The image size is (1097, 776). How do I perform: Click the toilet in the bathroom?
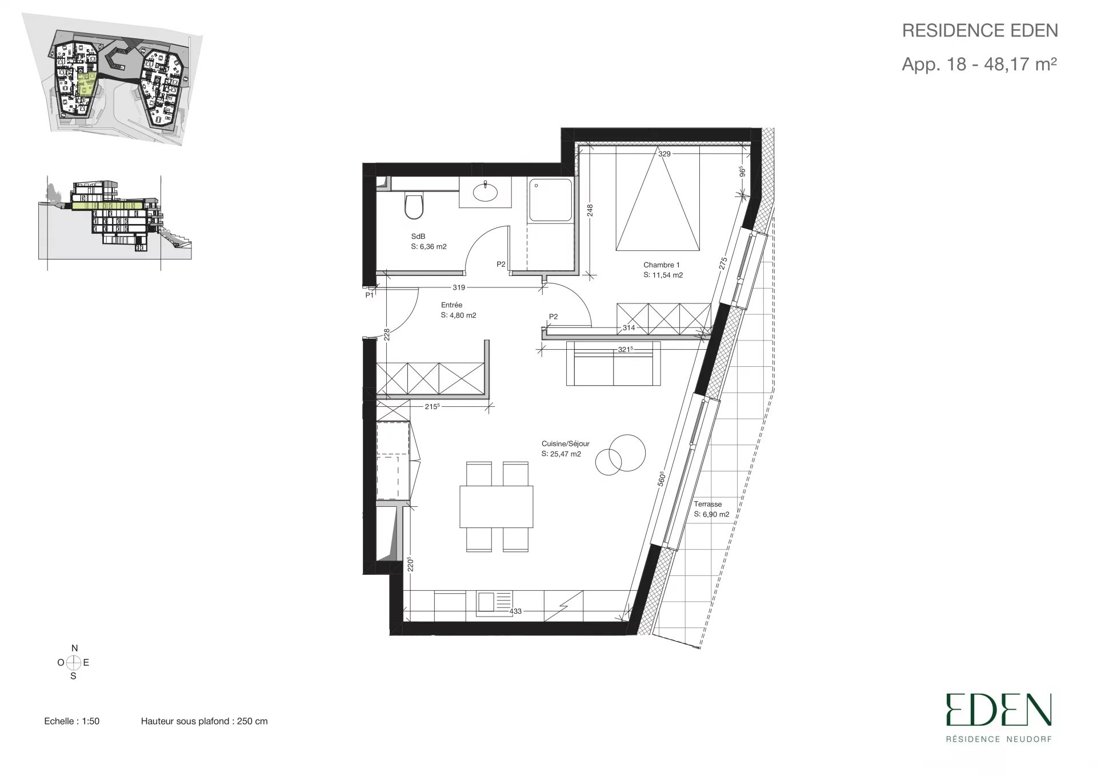pyautogui.click(x=413, y=206)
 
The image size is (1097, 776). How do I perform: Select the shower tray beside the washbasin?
pyautogui.click(x=550, y=199)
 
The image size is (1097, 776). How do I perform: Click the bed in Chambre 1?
pyautogui.click(x=658, y=198)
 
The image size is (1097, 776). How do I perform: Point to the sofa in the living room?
pyautogui.click(x=613, y=364)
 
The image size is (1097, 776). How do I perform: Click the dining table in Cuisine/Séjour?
pyautogui.click(x=496, y=506)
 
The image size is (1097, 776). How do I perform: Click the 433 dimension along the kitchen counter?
pyautogui.click(x=515, y=611)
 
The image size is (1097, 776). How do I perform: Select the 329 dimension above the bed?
pyautogui.click(x=664, y=154)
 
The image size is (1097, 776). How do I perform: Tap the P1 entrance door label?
pyautogui.click(x=370, y=295)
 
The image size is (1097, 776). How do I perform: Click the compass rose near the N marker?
pyautogui.click(x=73, y=663)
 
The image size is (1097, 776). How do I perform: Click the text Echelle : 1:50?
pyautogui.click(x=72, y=721)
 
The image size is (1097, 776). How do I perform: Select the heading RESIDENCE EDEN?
pyautogui.click(x=980, y=31)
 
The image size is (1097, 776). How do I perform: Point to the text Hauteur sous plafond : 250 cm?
pyautogui.click(x=205, y=721)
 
